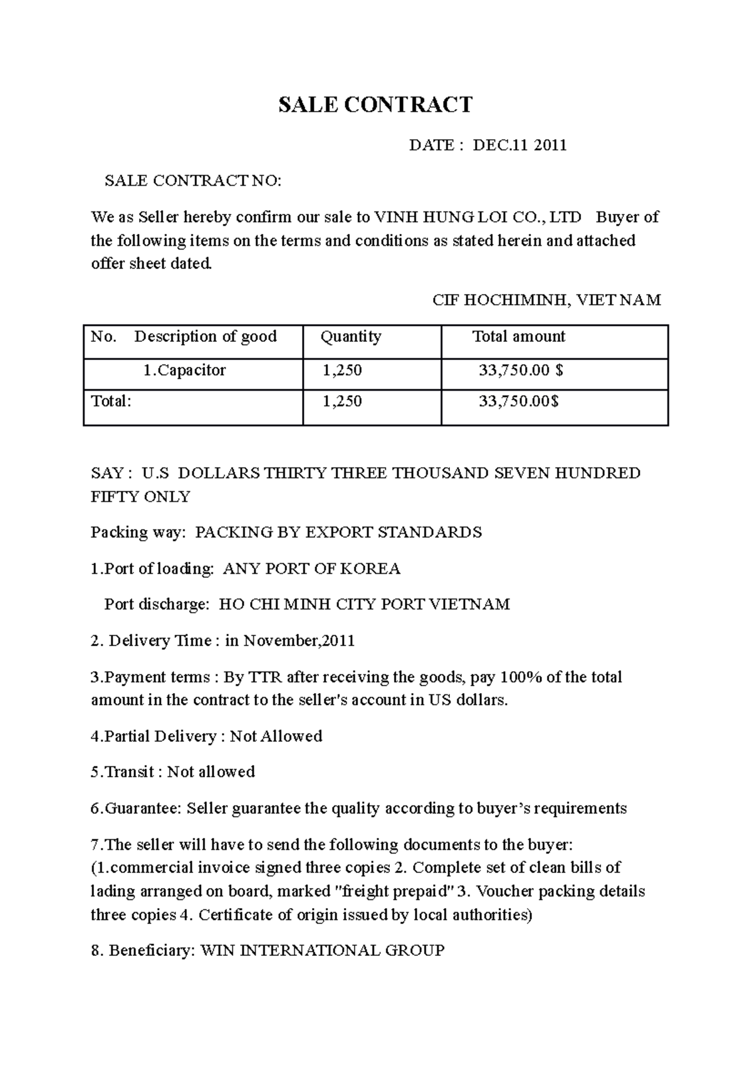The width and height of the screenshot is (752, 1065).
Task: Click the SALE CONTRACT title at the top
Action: (375, 105)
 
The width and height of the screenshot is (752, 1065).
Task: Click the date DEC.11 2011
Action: (520, 146)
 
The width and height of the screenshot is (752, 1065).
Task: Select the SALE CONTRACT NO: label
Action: (193, 181)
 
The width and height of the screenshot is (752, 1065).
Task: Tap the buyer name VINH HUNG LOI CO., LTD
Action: (478, 218)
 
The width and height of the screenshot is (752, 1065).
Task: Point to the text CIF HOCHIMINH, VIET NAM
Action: (546, 300)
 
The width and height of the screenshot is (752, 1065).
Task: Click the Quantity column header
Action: (350, 337)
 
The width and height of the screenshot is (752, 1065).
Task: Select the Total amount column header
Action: (518, 337)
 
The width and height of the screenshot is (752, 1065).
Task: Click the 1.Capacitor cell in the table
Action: (184, 371)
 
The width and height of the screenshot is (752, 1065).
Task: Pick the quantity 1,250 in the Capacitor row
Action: (342, 371)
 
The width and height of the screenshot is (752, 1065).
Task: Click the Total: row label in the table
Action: (112, 401)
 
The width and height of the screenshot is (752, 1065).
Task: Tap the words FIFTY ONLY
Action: (140, 497)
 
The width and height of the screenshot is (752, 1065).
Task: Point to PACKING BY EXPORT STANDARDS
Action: (338, 532)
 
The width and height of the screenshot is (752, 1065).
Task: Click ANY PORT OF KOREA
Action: (311, 569)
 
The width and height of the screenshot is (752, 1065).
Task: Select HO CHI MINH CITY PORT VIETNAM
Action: (364, 605)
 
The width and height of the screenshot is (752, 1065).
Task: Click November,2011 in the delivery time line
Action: (299, 641)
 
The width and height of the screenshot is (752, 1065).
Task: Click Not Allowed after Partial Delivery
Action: (276, 736)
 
